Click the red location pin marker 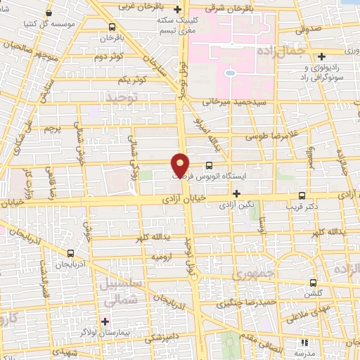click(181, 165)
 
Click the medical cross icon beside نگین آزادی click(237, 193)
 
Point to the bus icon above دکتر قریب click(302, 196)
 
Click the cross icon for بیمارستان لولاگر click(105, 321)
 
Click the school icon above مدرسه click(304, 343)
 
